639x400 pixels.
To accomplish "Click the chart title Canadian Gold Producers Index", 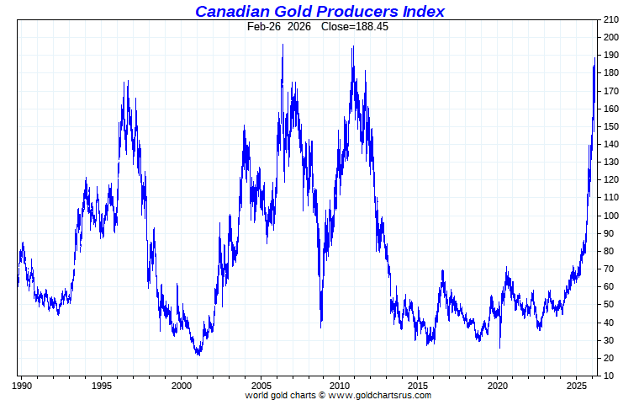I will [319, 11].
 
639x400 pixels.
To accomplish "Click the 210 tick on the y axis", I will [611, 19].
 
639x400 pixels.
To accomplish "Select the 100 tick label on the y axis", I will [611, 216].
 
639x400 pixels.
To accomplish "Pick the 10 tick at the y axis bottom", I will [609, 376].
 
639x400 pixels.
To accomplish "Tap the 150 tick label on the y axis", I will [611, 126].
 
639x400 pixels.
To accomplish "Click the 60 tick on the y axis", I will [609, 286].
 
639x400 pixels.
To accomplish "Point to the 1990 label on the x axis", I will [23, 386].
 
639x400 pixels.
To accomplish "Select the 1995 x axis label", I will [102, 386].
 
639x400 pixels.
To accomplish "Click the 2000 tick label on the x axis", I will [182, 386].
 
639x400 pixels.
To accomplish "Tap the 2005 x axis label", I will [261, 386].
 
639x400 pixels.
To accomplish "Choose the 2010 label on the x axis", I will [340, 386].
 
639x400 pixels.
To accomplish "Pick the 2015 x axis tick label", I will [419, 386].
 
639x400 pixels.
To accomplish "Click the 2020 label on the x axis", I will [498, 386].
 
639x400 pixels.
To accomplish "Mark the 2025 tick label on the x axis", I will [577, 386].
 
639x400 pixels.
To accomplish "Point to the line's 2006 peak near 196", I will [283, 45].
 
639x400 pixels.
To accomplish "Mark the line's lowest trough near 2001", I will [198, 355].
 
